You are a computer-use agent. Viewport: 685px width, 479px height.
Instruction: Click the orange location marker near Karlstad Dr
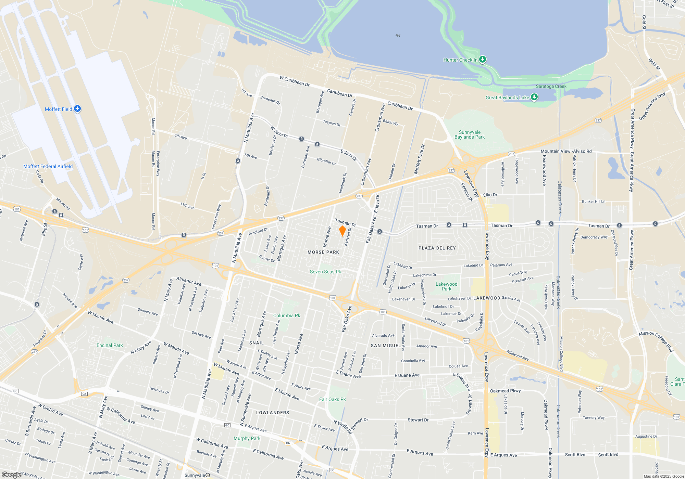click(x=342, y=231)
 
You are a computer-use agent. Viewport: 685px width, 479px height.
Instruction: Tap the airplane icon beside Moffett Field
click(x=77, y=109)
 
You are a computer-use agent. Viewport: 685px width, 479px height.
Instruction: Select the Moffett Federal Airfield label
click(x=48, y=167)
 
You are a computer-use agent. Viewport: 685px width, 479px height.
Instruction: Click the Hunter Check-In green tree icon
click(x=483, y=60)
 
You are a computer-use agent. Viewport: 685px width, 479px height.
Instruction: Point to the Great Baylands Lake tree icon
click(x=534, y=97)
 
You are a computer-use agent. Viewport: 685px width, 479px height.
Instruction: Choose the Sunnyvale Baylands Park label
click(x=470, y=135)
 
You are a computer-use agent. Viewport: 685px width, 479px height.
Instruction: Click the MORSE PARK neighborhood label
click(x=323, y=252)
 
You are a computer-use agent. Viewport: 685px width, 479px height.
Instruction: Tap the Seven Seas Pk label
click(x=325, y=272)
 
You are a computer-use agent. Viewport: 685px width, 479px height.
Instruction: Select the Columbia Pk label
click(x=287, y=316)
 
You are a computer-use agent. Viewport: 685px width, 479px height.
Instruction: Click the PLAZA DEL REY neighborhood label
click(x=437, y=248)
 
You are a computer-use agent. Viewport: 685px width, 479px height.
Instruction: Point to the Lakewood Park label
click(x=446, y=287)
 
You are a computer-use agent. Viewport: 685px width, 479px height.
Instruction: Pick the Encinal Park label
click(x=110, y=346)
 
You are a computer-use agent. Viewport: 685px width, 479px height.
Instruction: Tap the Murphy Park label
click(x=247, y=439)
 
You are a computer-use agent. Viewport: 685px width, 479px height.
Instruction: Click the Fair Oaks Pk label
click(x=333, y=400)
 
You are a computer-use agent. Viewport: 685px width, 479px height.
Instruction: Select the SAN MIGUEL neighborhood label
click(x=386, y=346)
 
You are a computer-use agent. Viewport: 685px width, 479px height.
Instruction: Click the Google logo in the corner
click(x=11, y=475)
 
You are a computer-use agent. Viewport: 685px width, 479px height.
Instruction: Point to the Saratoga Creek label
click(x=551, y=87)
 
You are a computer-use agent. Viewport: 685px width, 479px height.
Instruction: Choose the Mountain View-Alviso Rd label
click(x=566, y=151)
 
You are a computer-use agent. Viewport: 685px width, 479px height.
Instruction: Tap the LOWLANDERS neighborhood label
click(x=273, y=413)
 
